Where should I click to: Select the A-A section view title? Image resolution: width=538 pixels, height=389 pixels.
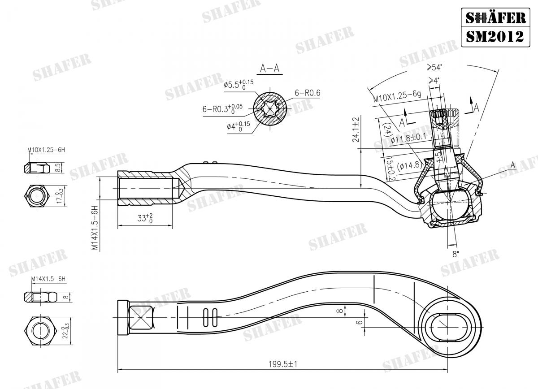[270, 68]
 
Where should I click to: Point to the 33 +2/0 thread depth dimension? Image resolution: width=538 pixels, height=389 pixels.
[144, 218]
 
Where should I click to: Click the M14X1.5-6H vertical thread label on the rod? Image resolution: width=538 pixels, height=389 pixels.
[95, 228]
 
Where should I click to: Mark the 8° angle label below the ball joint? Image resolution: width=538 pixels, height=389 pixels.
[456, 254]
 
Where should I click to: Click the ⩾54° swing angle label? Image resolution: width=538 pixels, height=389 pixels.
[434, 67]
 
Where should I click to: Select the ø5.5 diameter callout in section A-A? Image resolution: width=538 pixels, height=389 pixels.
[238, 84]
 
